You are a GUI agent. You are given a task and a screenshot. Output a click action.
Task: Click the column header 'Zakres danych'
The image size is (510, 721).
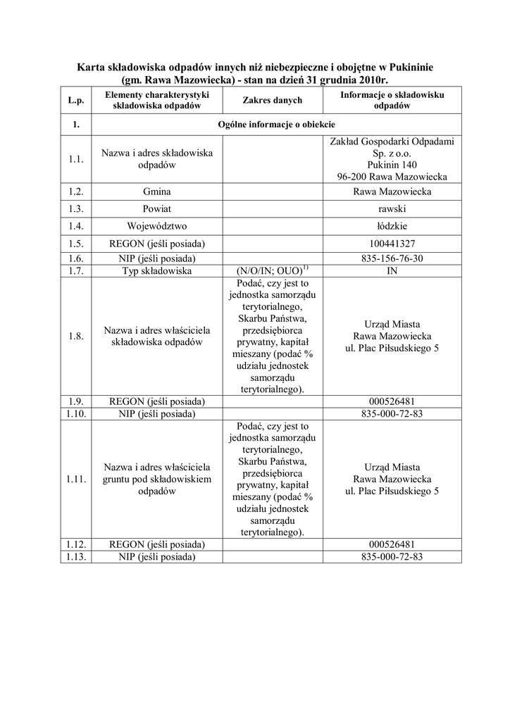(272, 101)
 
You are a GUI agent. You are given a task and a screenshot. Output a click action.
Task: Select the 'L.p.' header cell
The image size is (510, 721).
(76, 101)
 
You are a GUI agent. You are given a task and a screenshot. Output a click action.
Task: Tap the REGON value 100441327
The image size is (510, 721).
(392, 244)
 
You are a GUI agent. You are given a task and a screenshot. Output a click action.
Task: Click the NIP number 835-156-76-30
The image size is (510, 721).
(392, 258)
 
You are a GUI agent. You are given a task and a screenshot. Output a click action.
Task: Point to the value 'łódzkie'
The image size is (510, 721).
(392, 226)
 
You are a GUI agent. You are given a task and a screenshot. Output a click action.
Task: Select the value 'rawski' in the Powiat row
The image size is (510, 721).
(392, 209)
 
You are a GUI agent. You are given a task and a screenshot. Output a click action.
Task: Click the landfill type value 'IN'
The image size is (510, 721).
(392, 271)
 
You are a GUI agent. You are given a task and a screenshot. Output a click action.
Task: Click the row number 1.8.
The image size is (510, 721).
(76, 336)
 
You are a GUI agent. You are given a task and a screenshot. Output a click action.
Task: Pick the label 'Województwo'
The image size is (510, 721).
(156, 226)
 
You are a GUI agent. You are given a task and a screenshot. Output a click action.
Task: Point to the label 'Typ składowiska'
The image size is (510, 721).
(156, 271)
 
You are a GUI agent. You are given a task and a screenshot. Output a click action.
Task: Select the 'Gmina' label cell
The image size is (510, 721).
(156, 192)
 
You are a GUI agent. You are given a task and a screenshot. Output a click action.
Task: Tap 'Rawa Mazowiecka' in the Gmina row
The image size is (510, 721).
(392, 192)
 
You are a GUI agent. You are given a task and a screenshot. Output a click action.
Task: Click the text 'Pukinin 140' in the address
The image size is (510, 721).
(392, 165)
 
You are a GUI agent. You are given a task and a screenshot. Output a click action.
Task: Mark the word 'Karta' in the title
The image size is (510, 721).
(89, 68)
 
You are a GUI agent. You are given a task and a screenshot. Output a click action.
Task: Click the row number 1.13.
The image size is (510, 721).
(76, 556)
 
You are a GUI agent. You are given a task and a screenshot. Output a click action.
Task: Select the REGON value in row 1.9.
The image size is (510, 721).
(392, 401)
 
